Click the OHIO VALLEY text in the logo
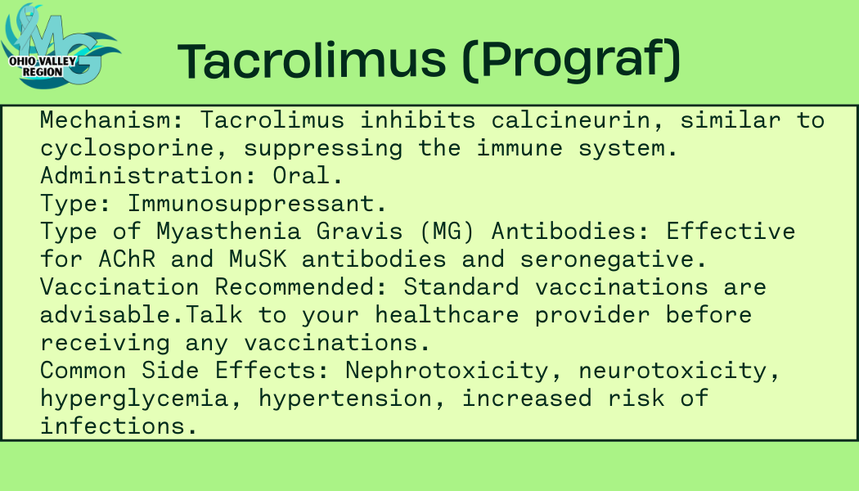(x=43, y=61)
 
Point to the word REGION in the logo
(x=43, y=72)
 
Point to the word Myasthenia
(x=228, y=232)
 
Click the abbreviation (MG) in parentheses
(x=447, y=232)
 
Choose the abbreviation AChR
(x=127, y=259)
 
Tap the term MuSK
(x=258, y=259)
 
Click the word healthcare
(x=447, y=315)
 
